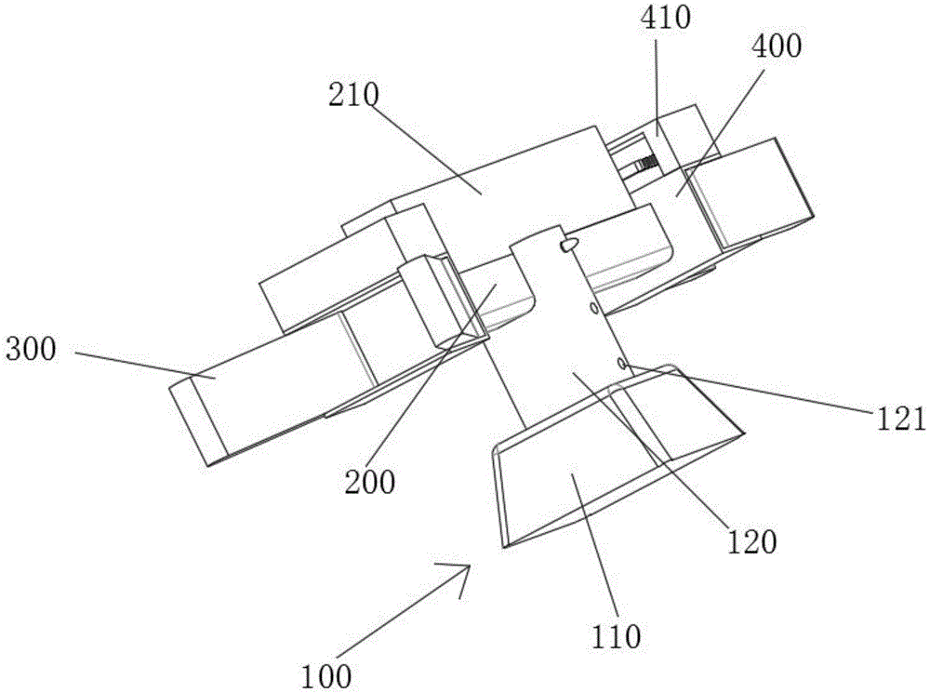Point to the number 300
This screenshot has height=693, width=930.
click(x=33, y=351)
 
